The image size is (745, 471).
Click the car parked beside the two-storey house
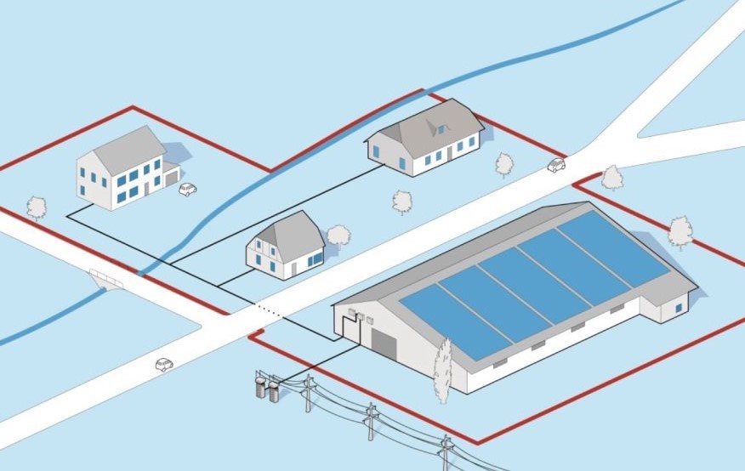click(x=187, y=189)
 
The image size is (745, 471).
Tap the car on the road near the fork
click(x=556, y=164)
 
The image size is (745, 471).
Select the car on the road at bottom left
click(x=164, y=365)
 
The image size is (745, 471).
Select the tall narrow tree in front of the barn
click(x=442, y=371)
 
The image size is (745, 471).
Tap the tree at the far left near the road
click(x=37, y=207)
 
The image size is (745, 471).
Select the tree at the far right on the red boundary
click(x=680, y=231)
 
